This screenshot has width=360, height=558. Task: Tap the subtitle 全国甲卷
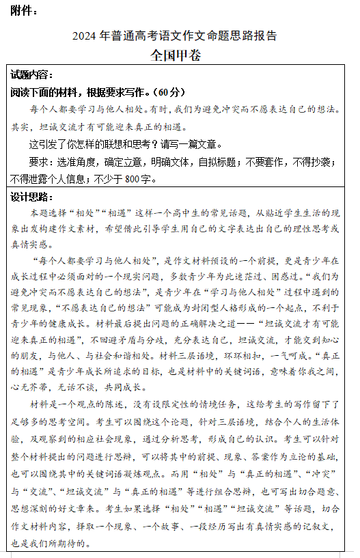pyautogui.click(x=176, y=55)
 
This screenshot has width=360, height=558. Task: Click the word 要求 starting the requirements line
pyautogui.click(x=39, y=162)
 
